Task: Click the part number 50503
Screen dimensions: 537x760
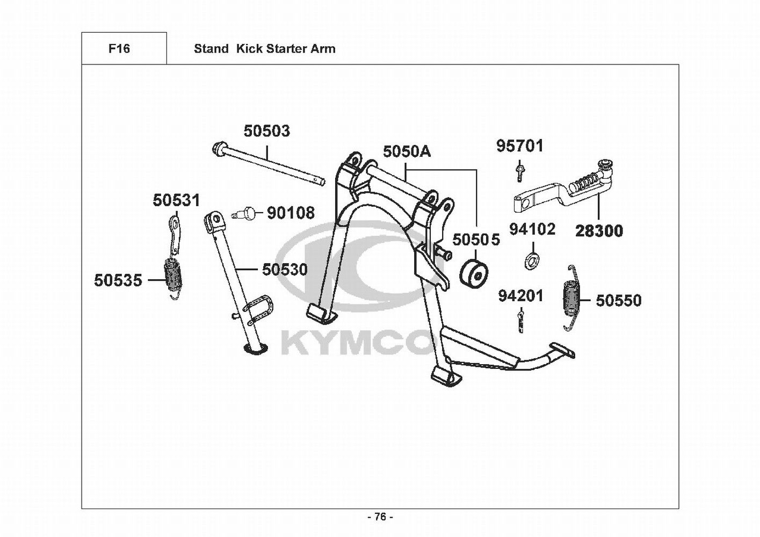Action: coord(266,131)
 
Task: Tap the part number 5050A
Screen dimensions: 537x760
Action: coord(407,151)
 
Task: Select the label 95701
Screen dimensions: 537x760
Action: coord(519,146)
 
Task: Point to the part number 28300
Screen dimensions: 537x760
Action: coord(599,231)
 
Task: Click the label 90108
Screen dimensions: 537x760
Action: coord(291,213)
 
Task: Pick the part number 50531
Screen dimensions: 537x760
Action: coord(176,200)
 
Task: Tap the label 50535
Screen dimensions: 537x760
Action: coord(118,280)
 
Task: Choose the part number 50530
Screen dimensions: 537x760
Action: coord(285,269)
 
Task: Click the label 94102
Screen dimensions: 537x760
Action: coord(532,229)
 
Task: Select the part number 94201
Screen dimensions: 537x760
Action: coord(520,296)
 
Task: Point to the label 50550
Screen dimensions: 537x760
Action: coord(618,300)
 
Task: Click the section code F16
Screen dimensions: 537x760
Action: coord(119,49)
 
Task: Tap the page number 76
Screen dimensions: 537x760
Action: coord(380,517)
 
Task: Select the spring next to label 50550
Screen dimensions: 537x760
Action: coord(571,298)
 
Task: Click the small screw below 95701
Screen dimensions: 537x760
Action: coord(519,171)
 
